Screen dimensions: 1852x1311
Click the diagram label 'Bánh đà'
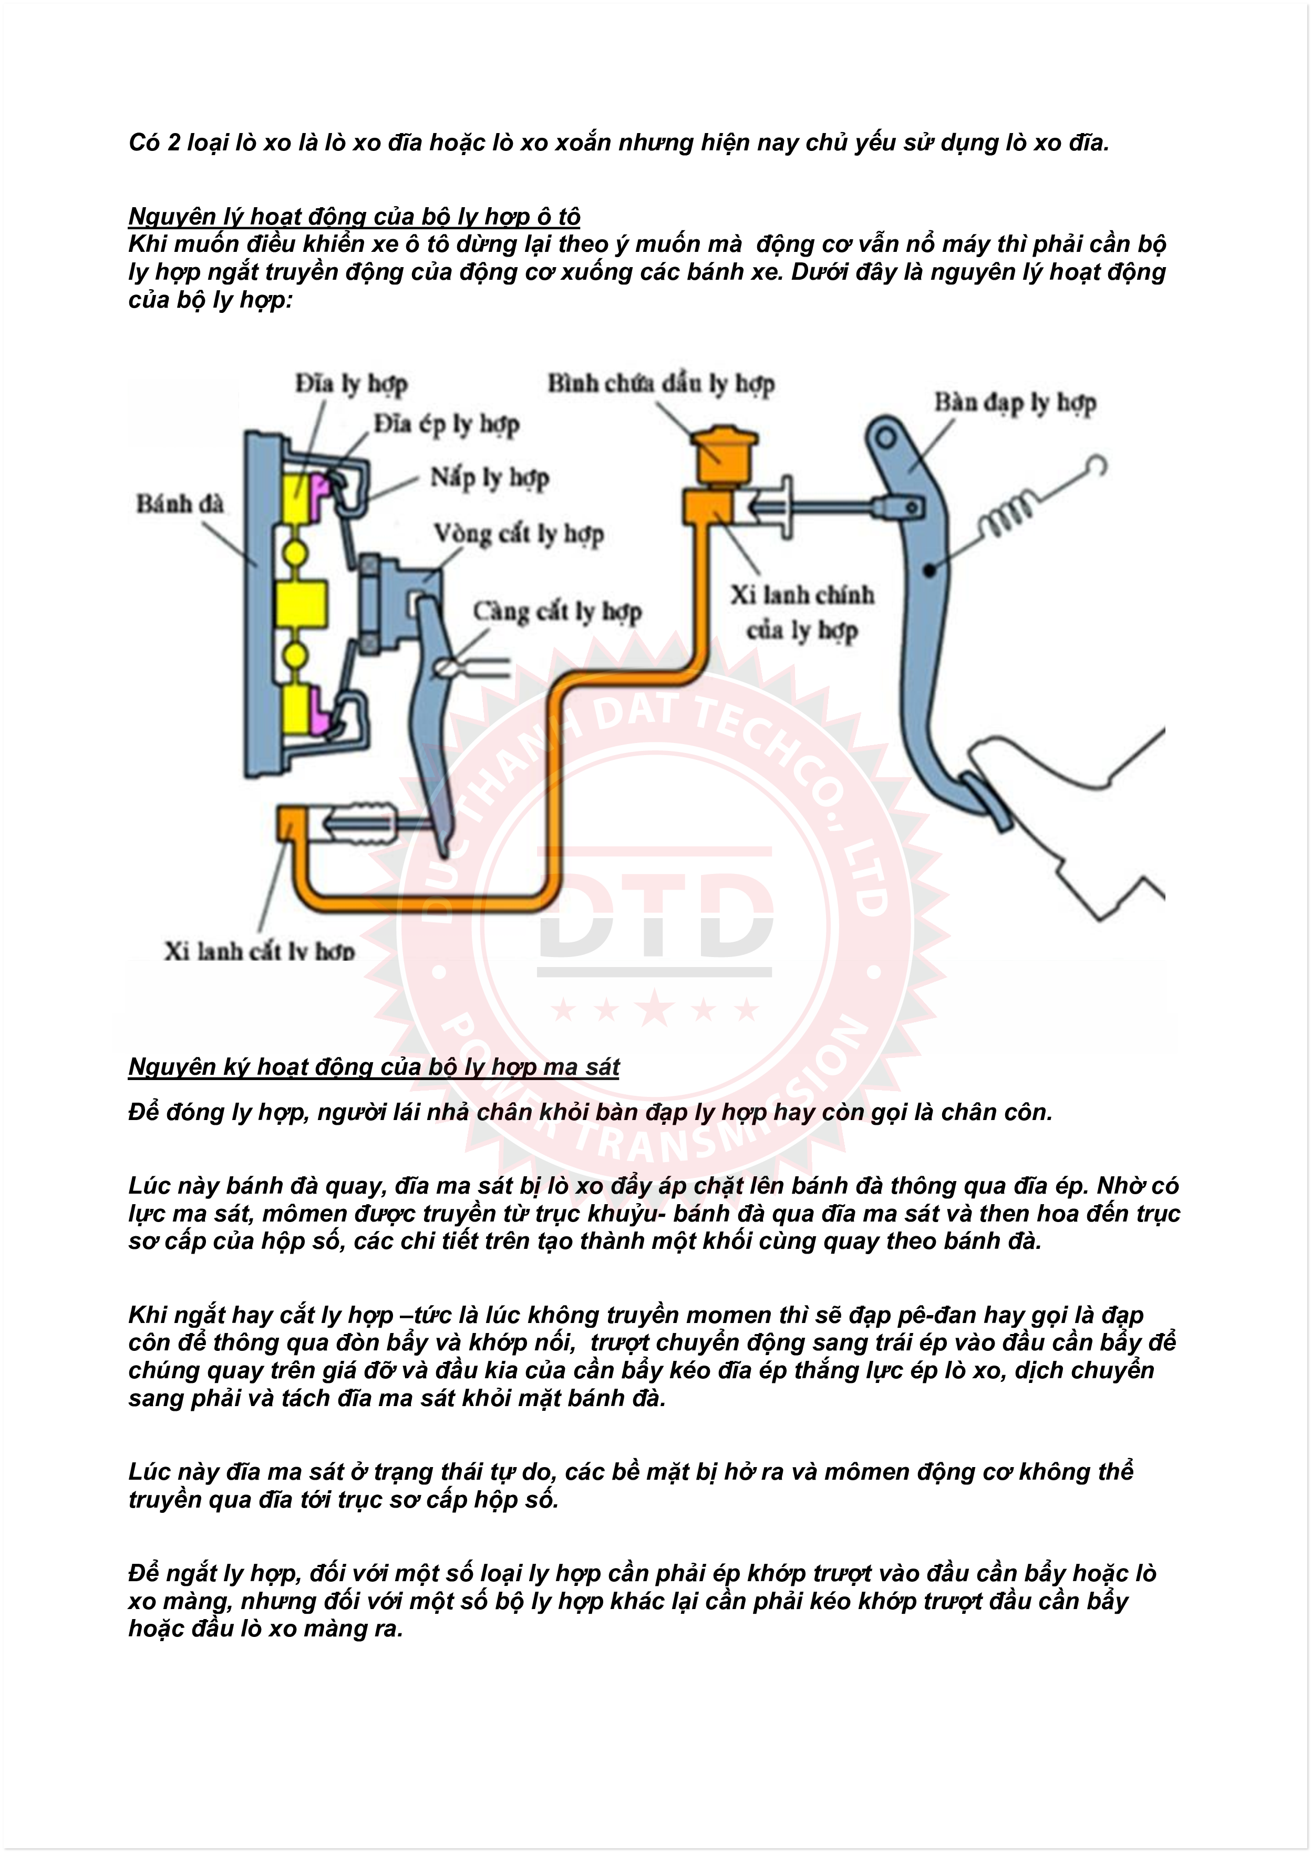(x=179, y=504)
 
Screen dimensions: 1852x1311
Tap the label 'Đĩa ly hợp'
(x=351, y=384)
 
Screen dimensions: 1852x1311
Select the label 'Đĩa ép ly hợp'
(x=446, y=424)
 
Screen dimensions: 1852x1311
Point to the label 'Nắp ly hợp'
(x=489, y=477)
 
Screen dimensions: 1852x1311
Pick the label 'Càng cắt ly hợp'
(x=557, y=612)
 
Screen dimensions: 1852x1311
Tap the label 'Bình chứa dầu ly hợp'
(x=661, y=384)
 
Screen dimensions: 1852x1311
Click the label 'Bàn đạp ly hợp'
(x=1015, y=402)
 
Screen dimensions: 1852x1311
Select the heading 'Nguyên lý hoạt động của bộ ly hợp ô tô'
(x=354, y=217)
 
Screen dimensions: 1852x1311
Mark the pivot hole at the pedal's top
(x=885, y=438)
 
